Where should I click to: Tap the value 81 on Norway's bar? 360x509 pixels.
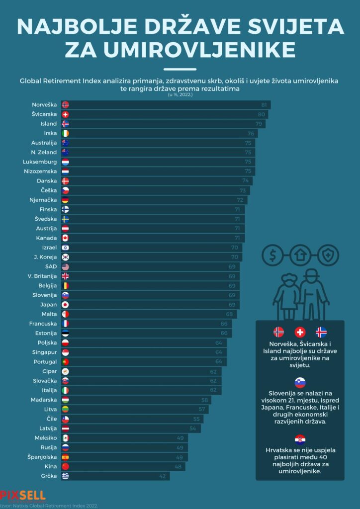coord(265,105)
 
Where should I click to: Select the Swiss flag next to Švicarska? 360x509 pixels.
coord(65,114)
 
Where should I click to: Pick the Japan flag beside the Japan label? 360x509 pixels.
coord(65,305)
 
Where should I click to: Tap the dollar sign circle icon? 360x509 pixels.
coord(272,256)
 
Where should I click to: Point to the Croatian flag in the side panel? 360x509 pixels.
coord(300,439)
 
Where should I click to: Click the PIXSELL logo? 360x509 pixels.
coord(23,495)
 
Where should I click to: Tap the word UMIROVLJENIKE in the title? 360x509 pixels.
coord(180,49)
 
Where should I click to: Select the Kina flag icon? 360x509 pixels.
coord(65,466)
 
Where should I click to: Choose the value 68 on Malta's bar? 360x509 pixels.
coord(229,314)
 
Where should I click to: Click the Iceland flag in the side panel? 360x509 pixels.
coord(321,333)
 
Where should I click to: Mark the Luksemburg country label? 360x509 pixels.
coord(40,162)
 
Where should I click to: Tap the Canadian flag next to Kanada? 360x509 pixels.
coord(65,238)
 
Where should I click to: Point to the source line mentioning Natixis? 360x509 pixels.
coord(50,506)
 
